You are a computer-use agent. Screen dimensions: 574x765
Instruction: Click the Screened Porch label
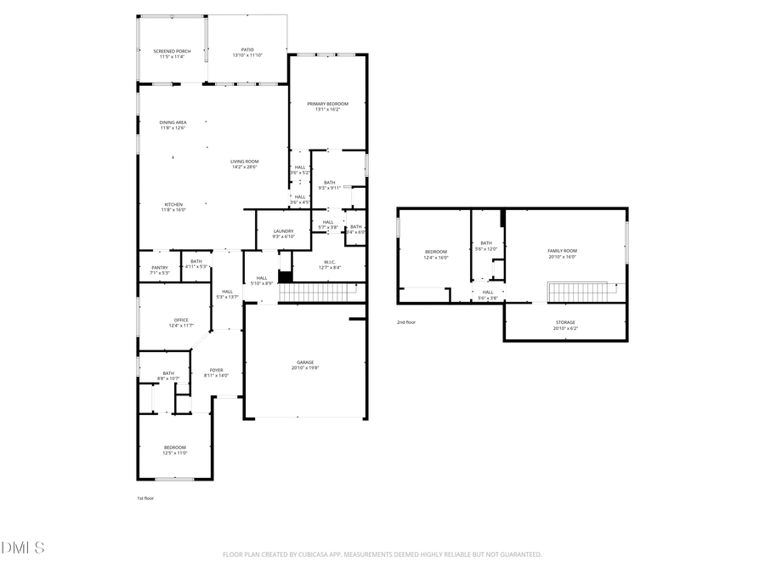pos(172,51)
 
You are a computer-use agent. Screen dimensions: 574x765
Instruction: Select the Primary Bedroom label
pos(328,104)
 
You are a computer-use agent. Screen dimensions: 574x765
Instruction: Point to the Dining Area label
pos(173,122)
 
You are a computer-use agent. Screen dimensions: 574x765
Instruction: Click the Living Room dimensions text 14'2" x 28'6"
pos(244,167)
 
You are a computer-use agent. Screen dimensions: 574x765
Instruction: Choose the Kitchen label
pos(173,204)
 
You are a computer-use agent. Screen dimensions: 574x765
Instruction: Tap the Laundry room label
pos(283,231)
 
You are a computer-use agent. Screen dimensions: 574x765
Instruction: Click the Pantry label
pos(160,268)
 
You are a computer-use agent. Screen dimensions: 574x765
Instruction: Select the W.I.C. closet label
pos(330,262)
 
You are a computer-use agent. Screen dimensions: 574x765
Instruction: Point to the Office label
pos(181,320)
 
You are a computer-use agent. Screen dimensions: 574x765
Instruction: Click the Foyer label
pos(217,370)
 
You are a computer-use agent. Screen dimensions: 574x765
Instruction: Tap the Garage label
pos(304,362)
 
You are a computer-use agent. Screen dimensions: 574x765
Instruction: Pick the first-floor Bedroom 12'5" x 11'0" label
pos(175,447)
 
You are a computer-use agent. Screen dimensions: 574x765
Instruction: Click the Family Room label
pos(561,251)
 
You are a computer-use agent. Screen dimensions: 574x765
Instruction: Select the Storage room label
pos(565,322)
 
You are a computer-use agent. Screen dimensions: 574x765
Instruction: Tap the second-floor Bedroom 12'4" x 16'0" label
pos(436,252)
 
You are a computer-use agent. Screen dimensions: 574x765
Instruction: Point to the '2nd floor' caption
pos(406,322)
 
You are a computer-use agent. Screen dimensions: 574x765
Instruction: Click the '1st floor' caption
pos(145,498)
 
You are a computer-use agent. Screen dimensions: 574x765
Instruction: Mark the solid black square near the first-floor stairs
pos(286,276)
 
